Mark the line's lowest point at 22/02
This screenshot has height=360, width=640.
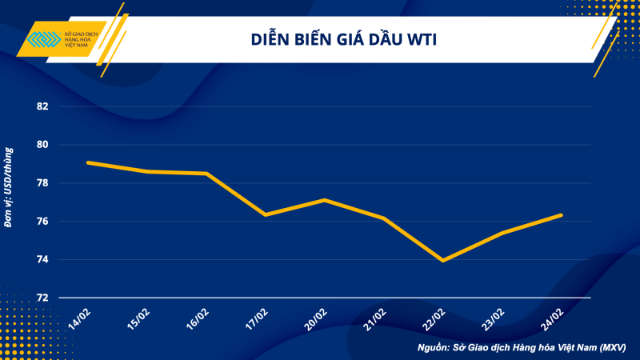tap(442, 260)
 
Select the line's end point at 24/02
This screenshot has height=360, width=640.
tap(561, 215)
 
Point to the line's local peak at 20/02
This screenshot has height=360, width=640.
tap(324, 200)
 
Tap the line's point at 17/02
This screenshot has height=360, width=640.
tap(265, 214)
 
